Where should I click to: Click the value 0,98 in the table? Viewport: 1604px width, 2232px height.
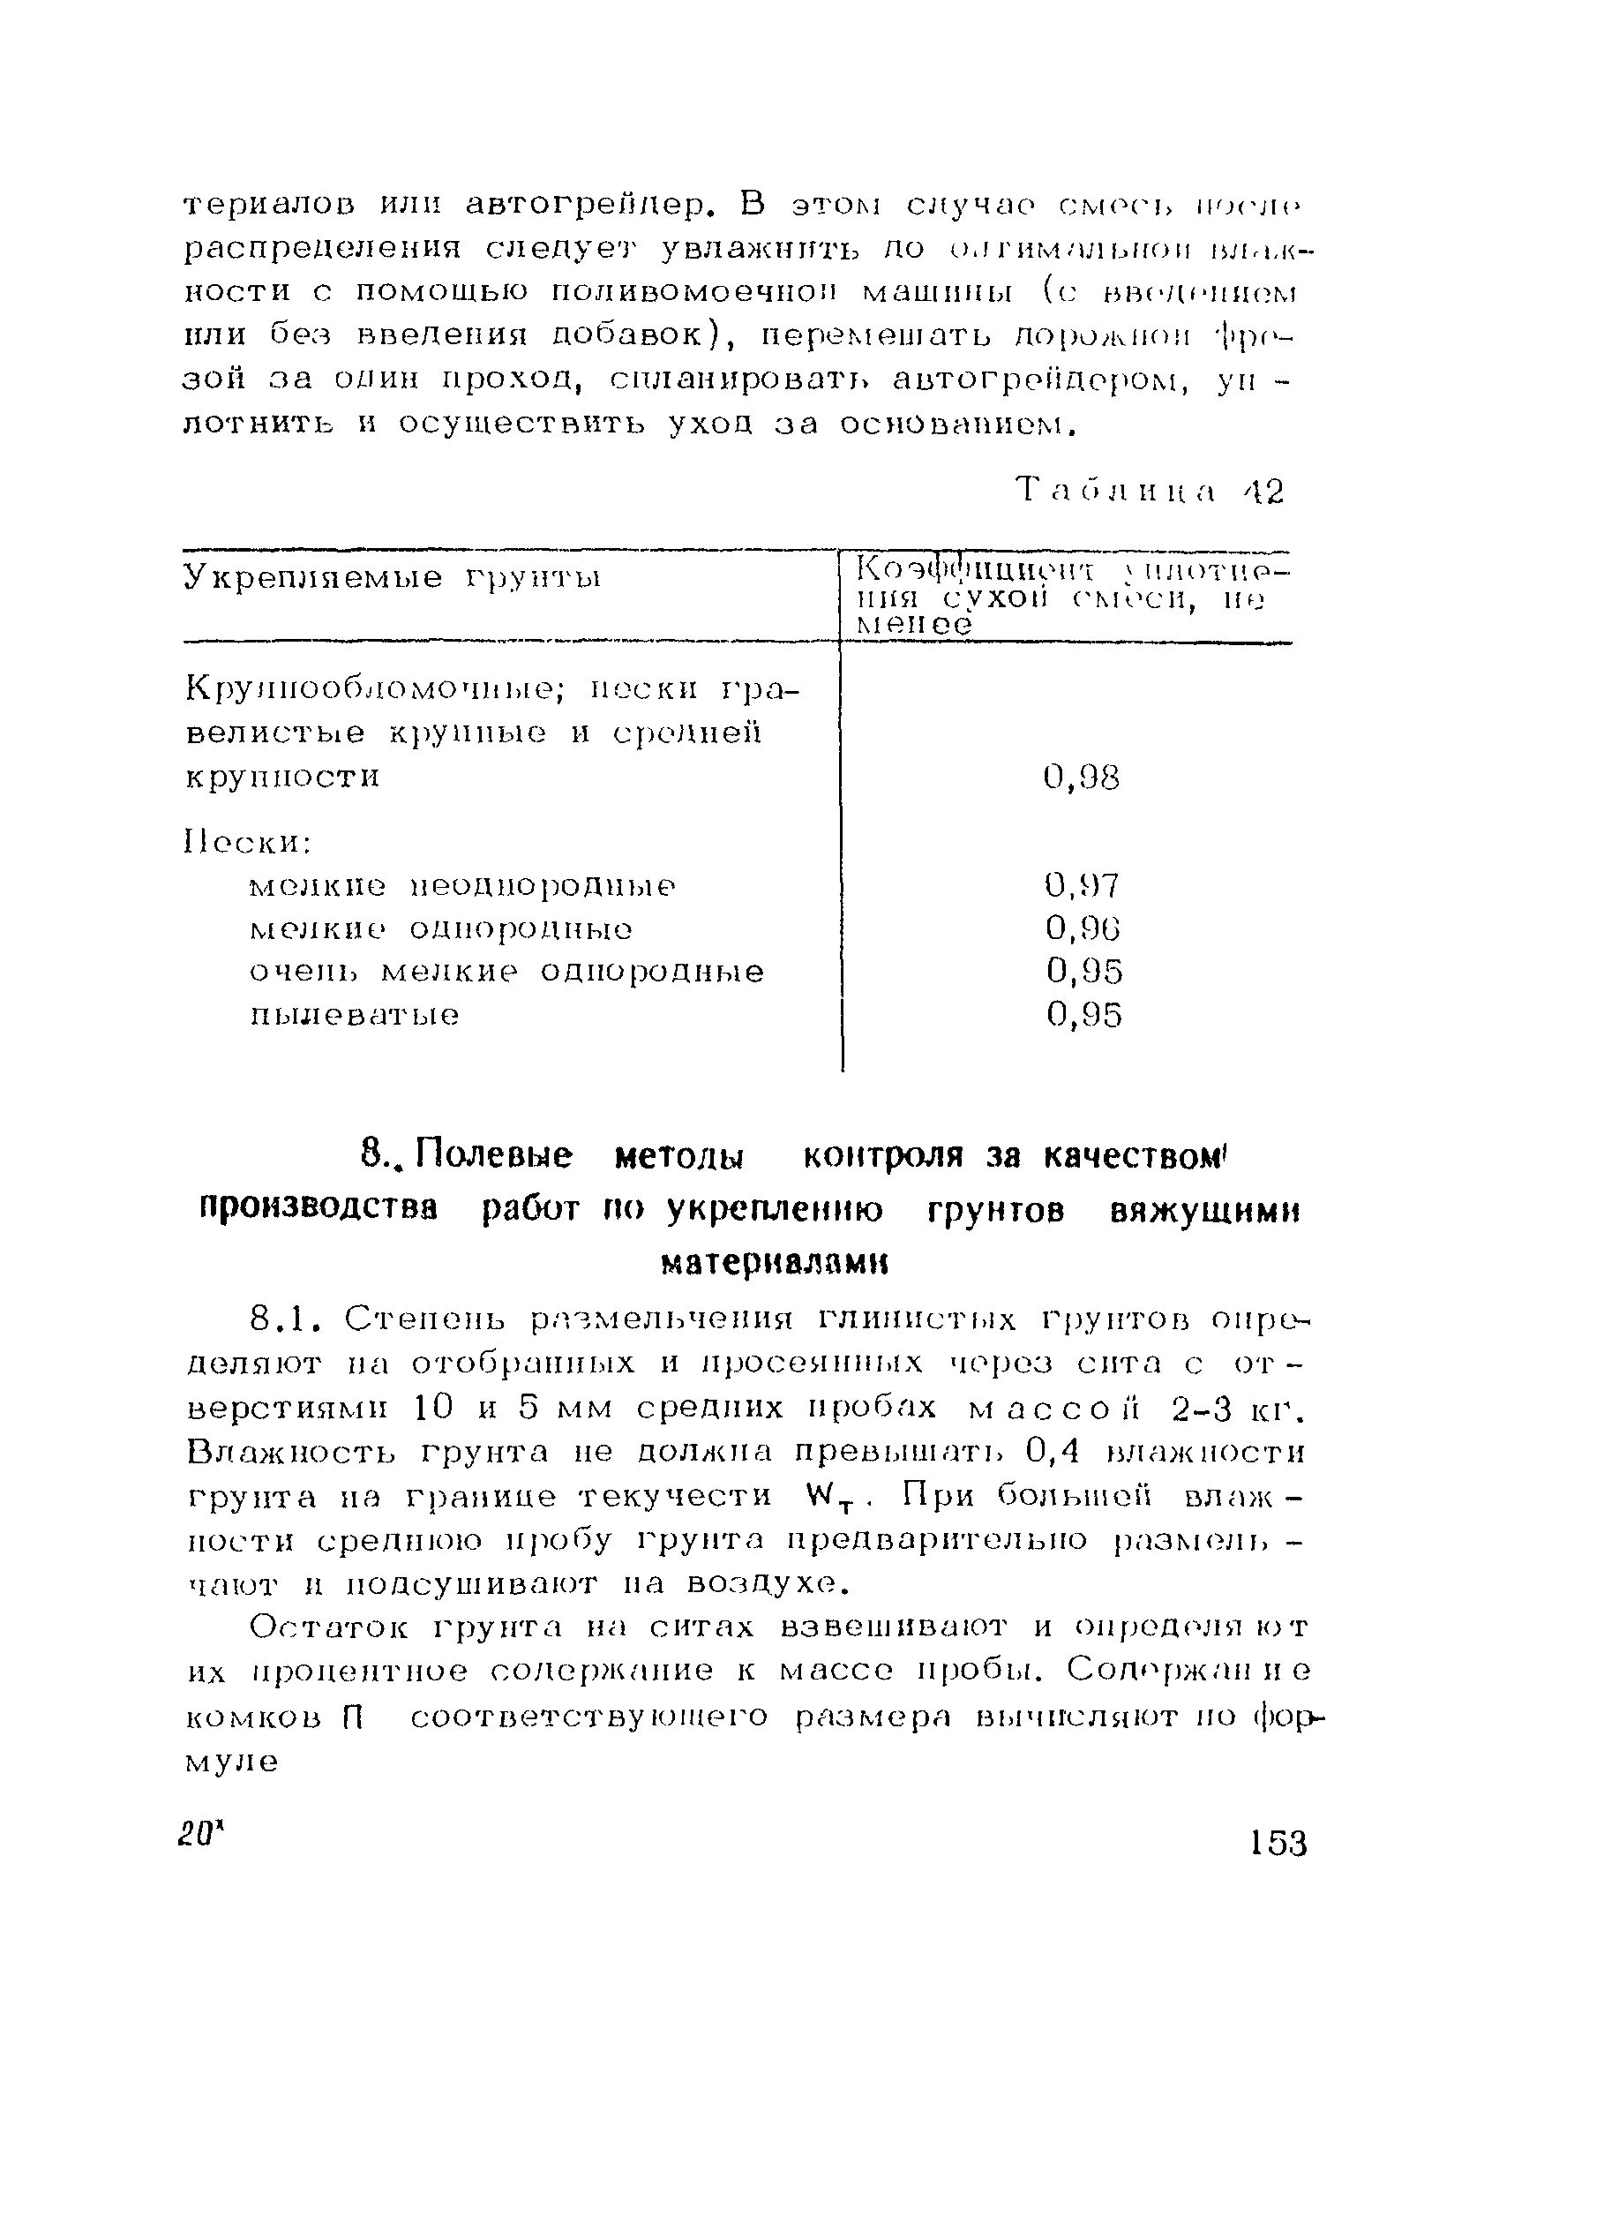click(1082, 778)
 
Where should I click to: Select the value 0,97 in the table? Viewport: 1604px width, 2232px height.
click(1082, 886)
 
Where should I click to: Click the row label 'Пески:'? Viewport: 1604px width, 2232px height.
click(247, 843)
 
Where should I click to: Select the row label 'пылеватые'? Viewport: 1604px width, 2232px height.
click(355, 1015)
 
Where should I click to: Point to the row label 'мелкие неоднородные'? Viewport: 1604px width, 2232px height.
click(462, 886)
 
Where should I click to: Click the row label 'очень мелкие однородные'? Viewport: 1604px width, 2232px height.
click(506, 972)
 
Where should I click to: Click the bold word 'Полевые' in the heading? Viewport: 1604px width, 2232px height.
click(494, 1154)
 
